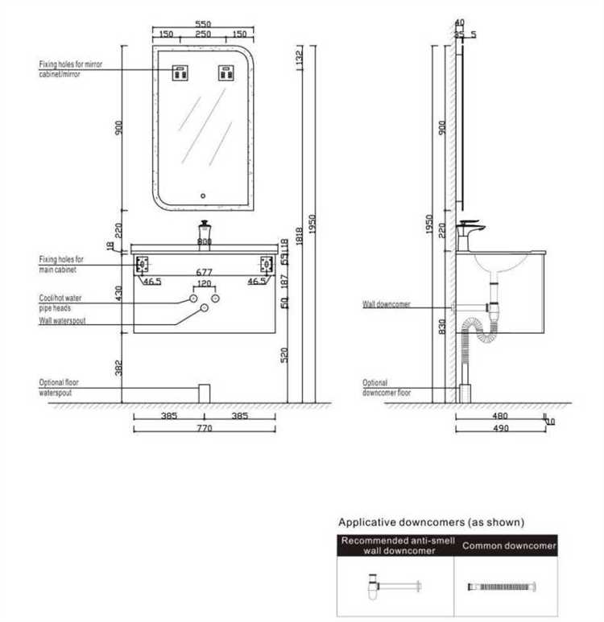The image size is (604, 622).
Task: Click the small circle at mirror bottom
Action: pos(204,195)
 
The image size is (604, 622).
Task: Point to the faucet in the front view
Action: pos(204,232)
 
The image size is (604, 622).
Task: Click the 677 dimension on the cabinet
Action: pos(204,272)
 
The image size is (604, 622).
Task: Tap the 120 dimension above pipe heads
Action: pos(204,285)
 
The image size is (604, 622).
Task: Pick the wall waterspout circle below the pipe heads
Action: pos(204,308)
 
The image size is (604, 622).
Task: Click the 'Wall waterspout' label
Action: pos(62,320)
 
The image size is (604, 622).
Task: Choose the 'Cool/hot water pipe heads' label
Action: pos(60,302)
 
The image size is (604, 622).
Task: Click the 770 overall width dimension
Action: pos(204,429)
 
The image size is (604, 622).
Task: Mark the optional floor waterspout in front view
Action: pos(204,393)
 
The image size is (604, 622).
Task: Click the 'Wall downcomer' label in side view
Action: pos(386,305)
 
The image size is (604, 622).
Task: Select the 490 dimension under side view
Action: pos(500,429)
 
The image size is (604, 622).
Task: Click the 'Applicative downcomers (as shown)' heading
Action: pos(431,522)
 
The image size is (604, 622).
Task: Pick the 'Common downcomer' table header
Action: pos(508,546)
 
